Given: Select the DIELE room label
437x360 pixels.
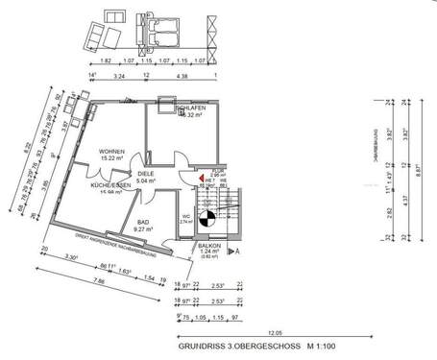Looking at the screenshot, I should point(145,172).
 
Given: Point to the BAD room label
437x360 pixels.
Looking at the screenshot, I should point(145,222).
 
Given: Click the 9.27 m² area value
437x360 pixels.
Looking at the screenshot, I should point(145,229).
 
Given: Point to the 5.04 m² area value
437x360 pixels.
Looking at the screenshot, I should point(145,180).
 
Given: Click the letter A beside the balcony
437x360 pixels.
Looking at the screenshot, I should point(237,250).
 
